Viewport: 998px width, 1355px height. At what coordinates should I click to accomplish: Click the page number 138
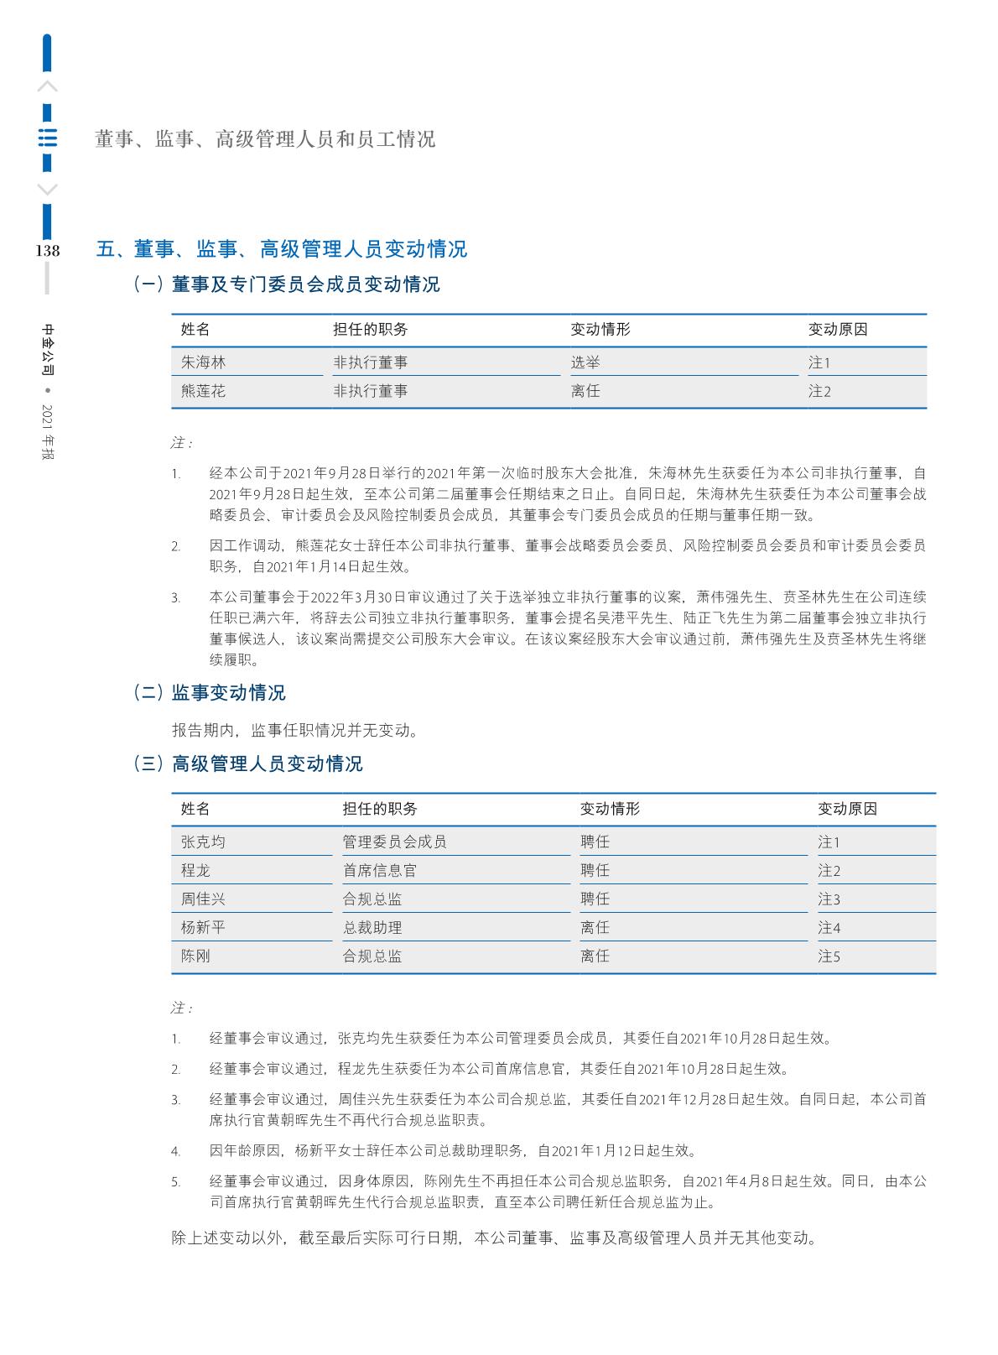pos(47,250)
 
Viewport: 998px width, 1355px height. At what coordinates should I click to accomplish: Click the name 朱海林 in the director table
pos(203,362)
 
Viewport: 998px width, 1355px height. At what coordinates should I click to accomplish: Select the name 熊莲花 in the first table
pos(203,391)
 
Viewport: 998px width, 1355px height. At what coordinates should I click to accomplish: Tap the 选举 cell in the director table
pos(585,362)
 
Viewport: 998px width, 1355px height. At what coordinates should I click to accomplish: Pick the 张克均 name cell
pos(203,842)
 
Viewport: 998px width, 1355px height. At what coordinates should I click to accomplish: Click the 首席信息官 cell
pos(379,870)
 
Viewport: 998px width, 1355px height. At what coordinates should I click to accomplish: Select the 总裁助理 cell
pos(372,927)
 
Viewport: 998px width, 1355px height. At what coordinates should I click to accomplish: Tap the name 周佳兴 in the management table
pos(203,899)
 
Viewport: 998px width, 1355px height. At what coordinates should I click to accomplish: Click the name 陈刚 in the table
pos(195,956)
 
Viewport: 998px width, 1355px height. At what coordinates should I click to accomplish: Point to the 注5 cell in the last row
pos(829,956)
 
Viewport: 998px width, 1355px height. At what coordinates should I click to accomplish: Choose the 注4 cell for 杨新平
pos(829,927)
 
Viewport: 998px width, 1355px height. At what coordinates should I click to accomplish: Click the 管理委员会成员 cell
pos(394,842)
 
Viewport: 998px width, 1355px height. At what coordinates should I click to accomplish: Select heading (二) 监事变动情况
pos(210,692)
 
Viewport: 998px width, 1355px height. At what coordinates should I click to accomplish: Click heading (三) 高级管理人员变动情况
pos(248,763)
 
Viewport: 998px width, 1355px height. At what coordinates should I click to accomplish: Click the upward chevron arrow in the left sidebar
pos(48,86)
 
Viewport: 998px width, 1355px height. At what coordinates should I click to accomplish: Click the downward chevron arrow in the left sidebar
pos(48,189)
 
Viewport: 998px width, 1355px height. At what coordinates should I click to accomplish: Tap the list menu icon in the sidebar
pos(48,138)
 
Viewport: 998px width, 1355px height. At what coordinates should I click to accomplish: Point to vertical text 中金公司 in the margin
pos(48,348)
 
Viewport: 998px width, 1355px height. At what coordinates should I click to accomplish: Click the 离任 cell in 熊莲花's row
pos(585,391)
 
